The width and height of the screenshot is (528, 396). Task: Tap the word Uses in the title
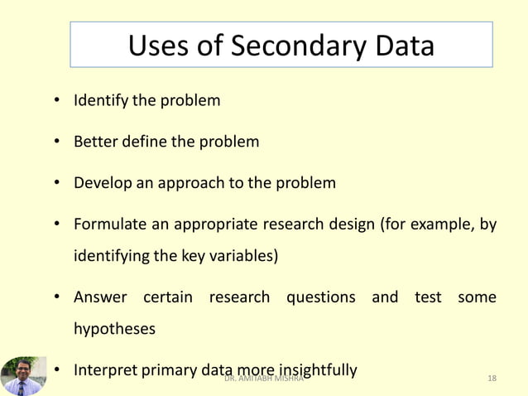[158, 46]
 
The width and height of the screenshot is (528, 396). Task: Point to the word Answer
[100, 297]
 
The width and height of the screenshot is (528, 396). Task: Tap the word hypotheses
[114, 329]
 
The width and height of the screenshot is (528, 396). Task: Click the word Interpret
[104, 369]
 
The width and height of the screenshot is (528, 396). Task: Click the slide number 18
[492, 379]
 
